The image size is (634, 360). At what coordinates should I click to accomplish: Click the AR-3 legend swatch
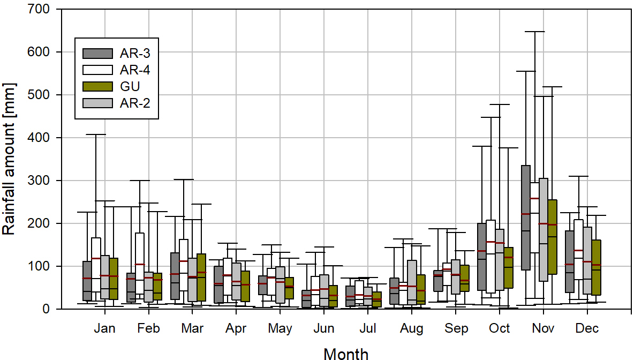point(97,53)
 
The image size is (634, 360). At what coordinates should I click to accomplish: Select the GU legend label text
point(130,86)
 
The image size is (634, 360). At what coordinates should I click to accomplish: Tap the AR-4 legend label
point(135,70)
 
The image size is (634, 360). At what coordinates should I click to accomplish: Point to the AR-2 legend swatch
point(97,103)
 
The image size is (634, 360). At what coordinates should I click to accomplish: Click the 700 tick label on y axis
point(39,10)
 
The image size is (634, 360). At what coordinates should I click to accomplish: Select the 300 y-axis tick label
point(39,181)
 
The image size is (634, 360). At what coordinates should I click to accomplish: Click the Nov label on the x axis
point(543,328)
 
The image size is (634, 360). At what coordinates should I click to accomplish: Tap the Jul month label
point(367,328)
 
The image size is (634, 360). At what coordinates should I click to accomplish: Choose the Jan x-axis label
point(104,328)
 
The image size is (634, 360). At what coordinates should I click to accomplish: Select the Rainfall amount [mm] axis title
point(9,159)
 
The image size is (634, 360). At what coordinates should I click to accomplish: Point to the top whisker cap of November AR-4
point(534,32)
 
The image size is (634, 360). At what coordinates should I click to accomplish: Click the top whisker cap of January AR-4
point(96,134)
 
